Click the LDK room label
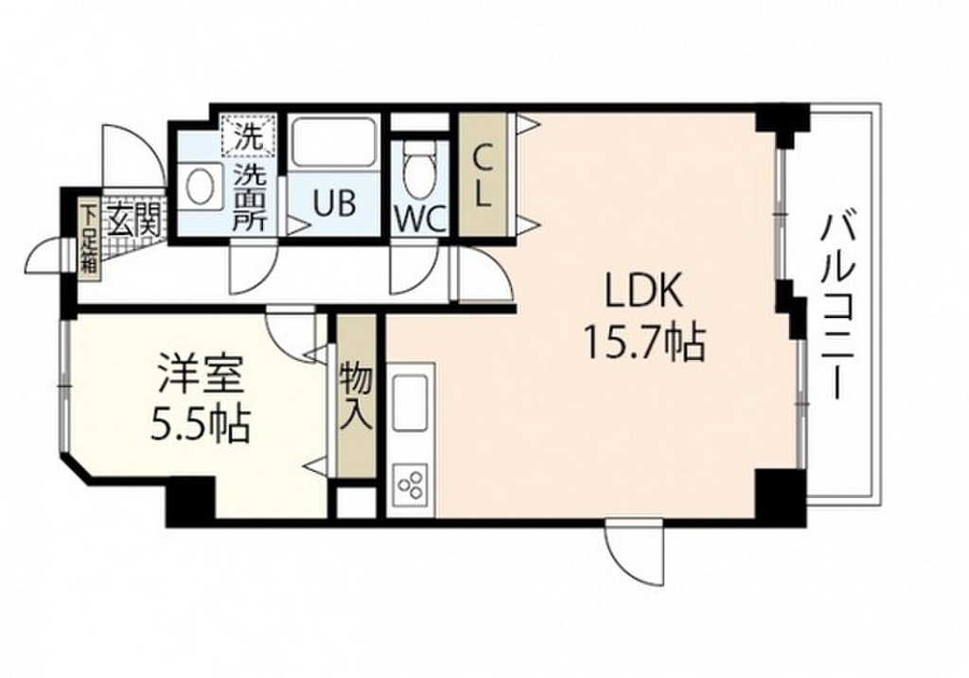(x=644, y=290)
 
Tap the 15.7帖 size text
(x=644, y=343)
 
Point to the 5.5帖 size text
(x=201, y=424)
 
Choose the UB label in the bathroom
(x=334, y=203)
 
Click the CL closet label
(x=483, y=177)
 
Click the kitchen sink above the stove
(x=411, y=402)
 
